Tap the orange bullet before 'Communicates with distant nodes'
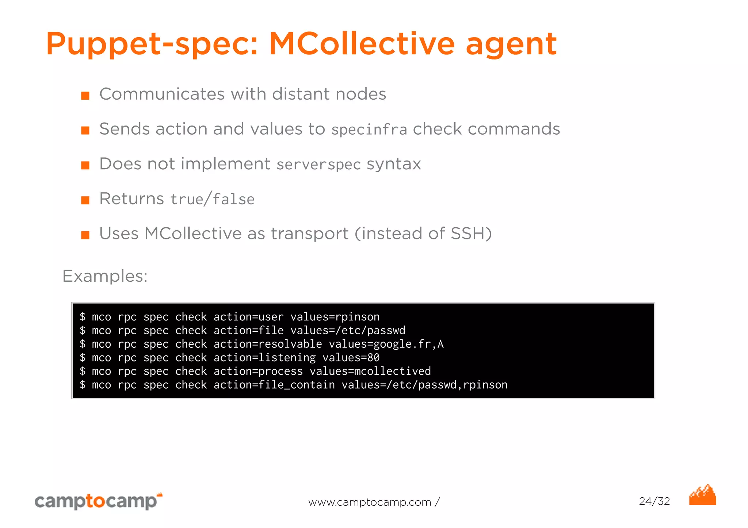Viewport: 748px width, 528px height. (85, 96)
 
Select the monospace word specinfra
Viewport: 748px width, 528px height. (369, 130)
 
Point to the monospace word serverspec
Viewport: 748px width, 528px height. (318, 165)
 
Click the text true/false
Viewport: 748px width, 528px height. (212, 200)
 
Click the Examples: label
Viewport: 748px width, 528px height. (105, 276)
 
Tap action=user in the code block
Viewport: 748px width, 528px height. (248, 317)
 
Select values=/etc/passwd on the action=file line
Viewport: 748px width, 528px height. (348, 331)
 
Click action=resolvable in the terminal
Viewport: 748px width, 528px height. (268, 344)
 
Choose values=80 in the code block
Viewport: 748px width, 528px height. (351, 358)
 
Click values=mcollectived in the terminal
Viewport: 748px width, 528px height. (370, 371)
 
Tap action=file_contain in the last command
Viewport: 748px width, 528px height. (274, 385)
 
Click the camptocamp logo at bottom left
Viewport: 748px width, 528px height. (98, 501)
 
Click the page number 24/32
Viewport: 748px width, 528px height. (654, 501)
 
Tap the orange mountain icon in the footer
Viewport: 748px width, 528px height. (702, 495)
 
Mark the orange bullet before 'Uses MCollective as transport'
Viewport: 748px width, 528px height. (85, 235)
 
